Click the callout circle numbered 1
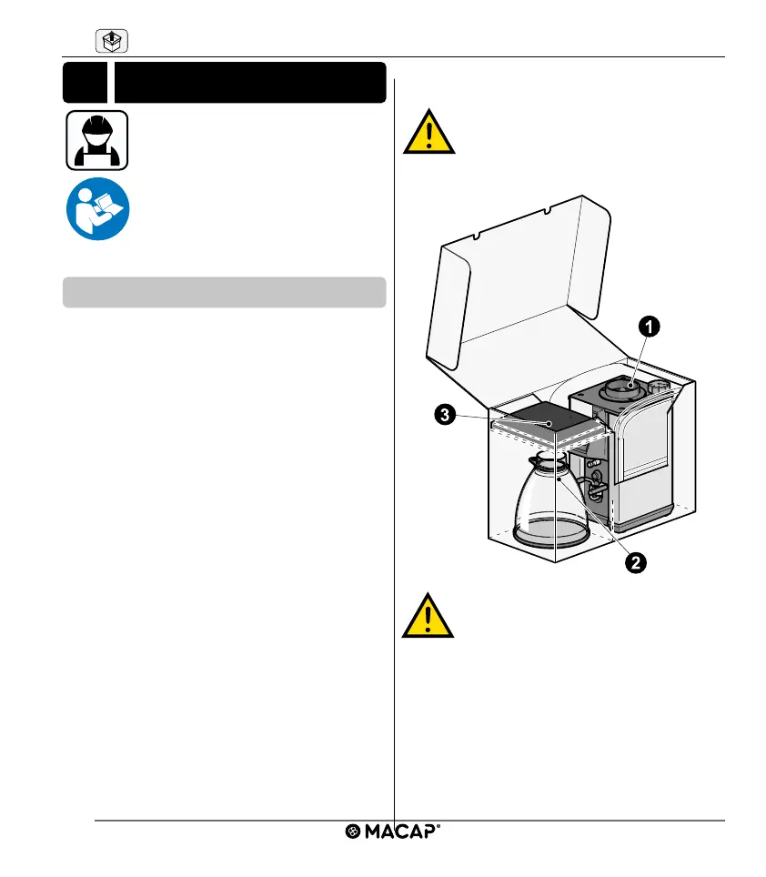648,325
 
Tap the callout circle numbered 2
633,562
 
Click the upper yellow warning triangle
429,133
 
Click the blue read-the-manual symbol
97,208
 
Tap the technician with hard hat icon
97,140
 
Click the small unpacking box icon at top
110,41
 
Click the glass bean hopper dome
551,505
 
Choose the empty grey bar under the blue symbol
224,293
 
